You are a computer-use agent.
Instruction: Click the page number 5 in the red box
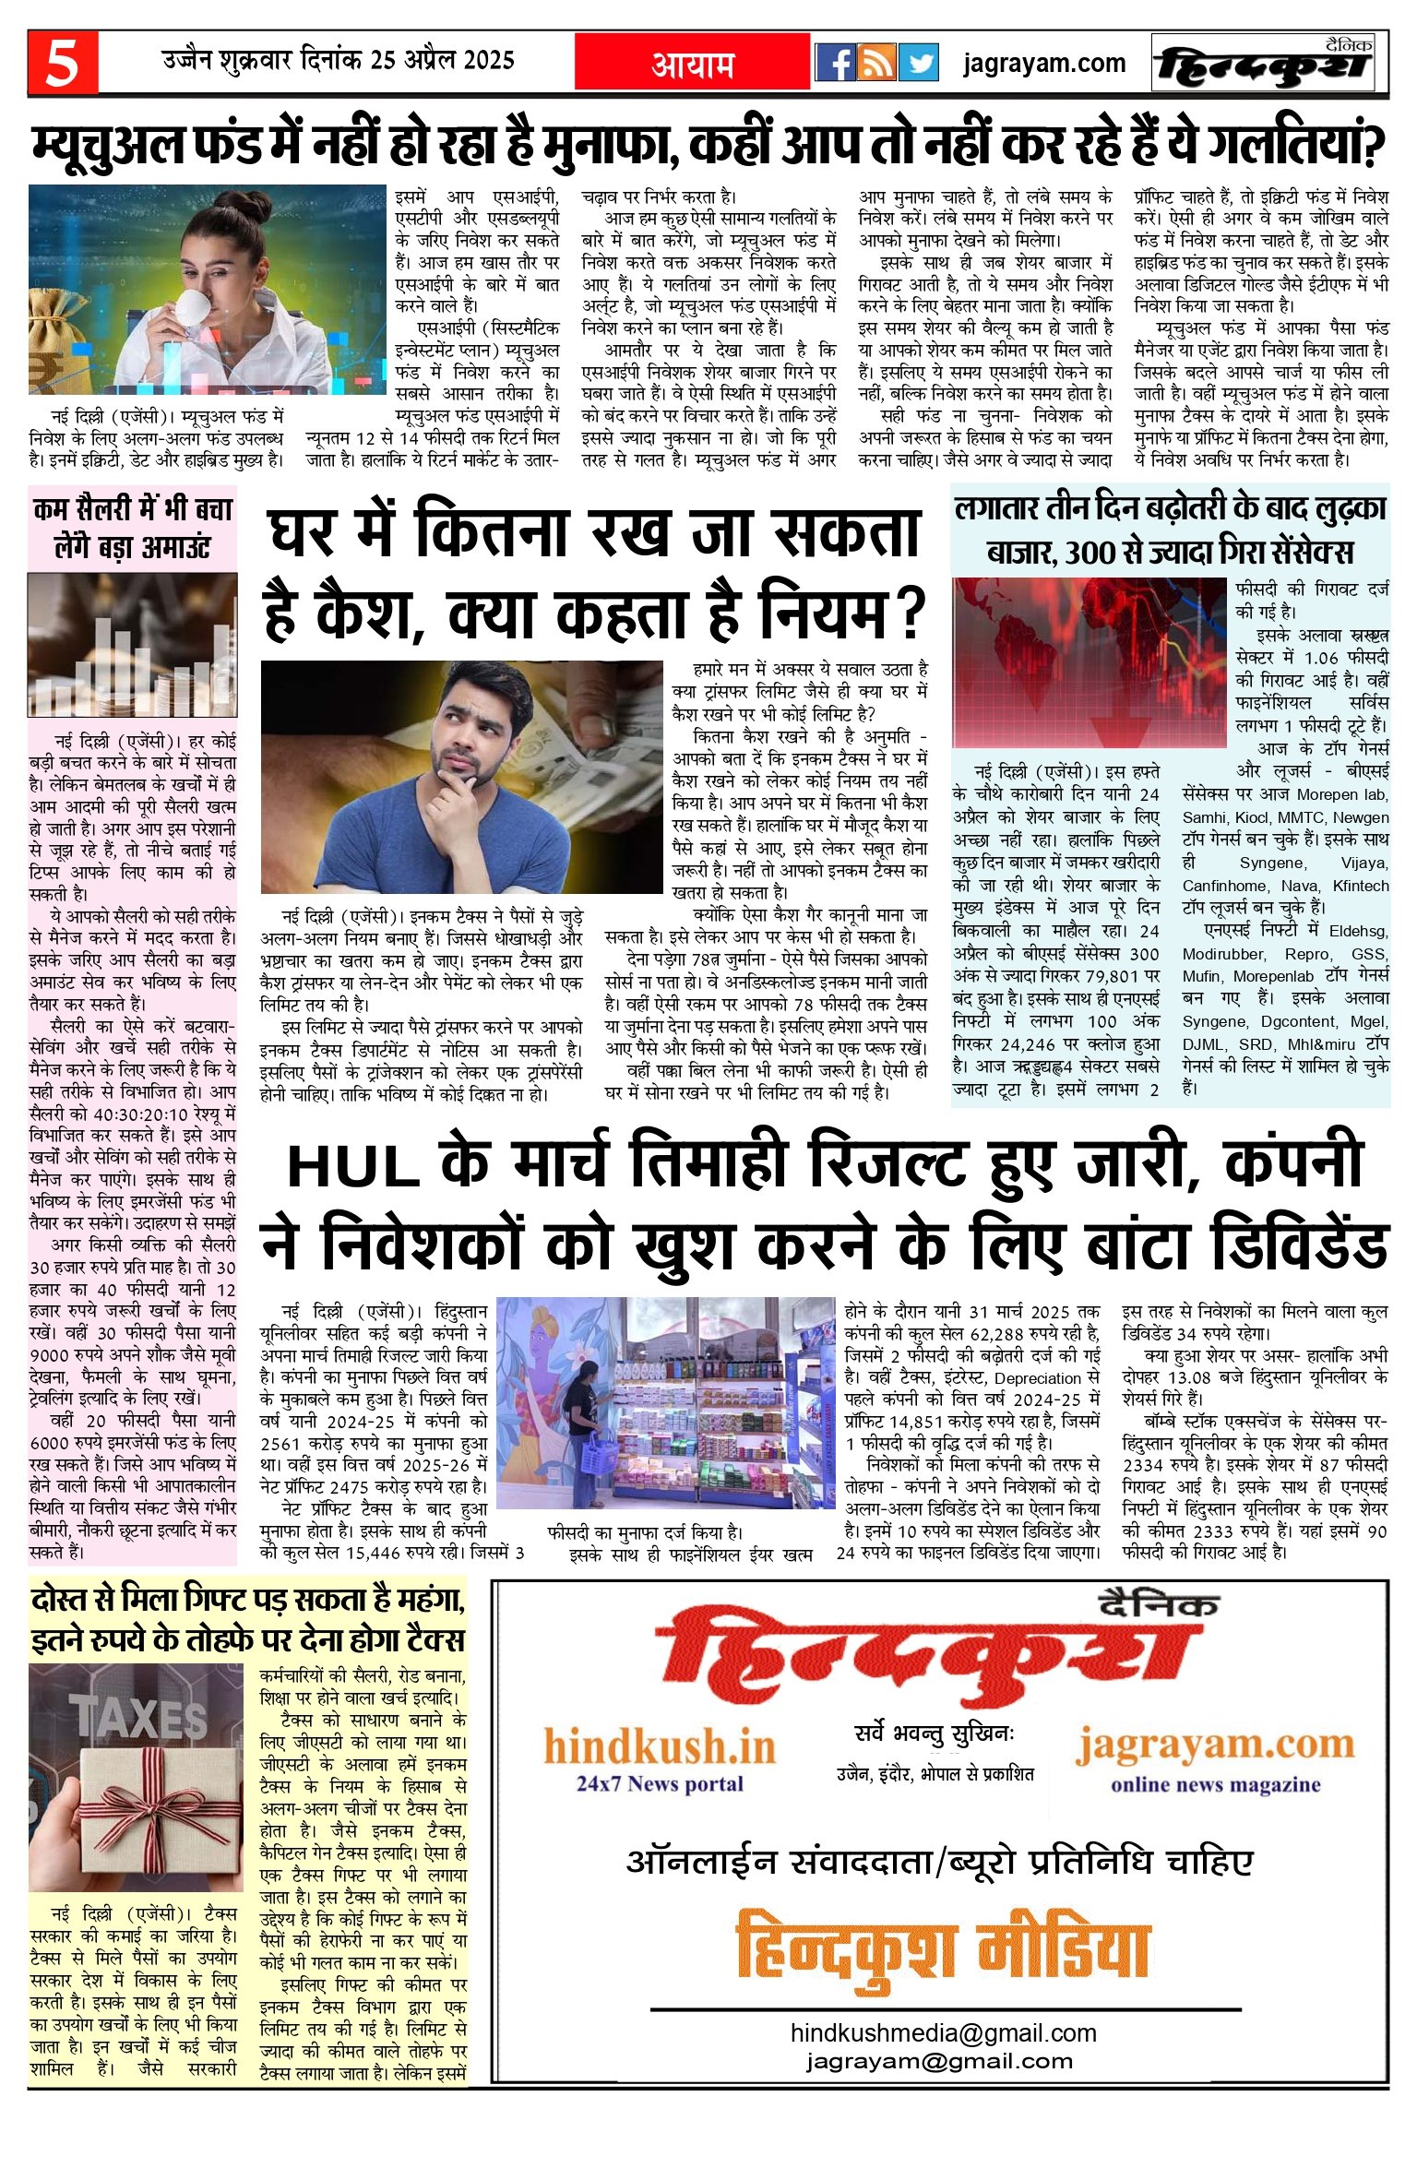click(62, 63)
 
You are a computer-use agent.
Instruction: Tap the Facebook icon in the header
click(836, 64)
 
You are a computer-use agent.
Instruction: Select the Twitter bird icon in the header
click(918, 64)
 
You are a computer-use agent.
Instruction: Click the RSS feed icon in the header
click(876, 64)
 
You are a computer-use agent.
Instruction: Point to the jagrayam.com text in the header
click(1043, 64)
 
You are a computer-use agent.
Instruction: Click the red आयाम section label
click(693, 64)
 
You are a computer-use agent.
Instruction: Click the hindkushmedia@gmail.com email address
click(943, 2033)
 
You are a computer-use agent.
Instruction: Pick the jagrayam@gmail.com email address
click(939, 2061)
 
